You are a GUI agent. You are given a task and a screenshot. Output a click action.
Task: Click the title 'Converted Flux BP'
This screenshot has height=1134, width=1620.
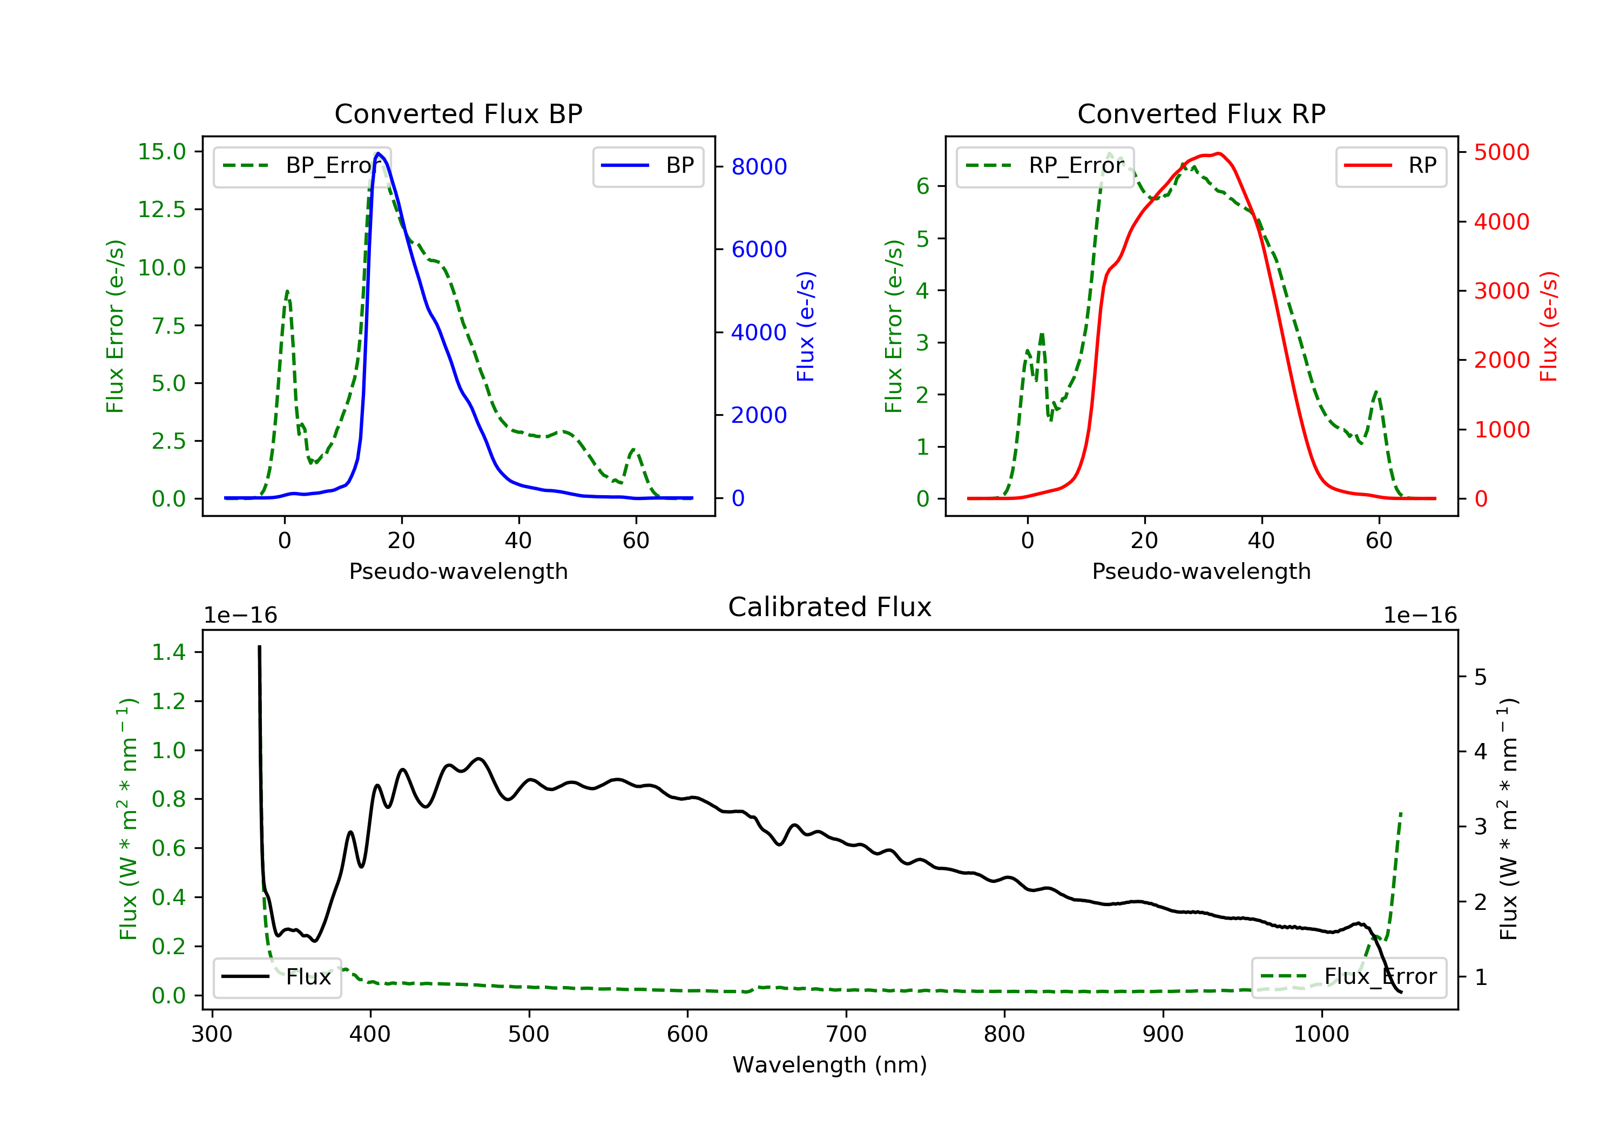pyautogui.click(x=458, y=113)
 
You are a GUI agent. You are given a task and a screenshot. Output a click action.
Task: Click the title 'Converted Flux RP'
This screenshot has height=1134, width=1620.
pyautogui.click(x=1201, y=113)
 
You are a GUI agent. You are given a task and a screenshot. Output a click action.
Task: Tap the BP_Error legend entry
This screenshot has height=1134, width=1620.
pyautogui.click(x=301, y=166)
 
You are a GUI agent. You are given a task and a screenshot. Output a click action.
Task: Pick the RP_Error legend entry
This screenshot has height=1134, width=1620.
pyautogui.click(x=1045, y=166)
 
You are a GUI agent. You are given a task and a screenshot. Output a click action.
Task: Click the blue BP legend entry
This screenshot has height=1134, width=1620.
pyautogui.click(x=647, y=166)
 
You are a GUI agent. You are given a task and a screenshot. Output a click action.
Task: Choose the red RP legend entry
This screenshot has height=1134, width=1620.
pyautogui.click(x=1390, y=166)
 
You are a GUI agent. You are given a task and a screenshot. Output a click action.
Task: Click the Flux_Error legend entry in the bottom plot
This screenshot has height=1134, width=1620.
pyautogui.click(x=1348, y=977)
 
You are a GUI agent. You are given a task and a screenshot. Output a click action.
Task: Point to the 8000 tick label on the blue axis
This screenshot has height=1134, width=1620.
pyautogui.click(x=759, y=166)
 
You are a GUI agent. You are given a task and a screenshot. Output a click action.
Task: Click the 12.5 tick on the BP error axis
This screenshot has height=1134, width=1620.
pyautogui.click(x=161, y=210)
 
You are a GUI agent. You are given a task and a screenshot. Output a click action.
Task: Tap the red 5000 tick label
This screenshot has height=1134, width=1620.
pyautogui.click(x=1501, y=152)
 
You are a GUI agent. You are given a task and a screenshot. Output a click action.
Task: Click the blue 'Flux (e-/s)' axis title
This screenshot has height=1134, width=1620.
pyautogui.click(x=806, y=326)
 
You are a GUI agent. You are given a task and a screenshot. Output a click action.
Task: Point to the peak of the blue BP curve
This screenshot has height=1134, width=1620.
pyautogui.click(x=378, y=153)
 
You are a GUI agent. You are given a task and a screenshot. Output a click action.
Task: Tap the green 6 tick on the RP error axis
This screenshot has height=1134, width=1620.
pyautogui.click(x=922, y=186)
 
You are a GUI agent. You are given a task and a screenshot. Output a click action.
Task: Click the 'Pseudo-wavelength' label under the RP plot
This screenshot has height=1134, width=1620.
pyautogui.click(x=1201, y=571)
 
